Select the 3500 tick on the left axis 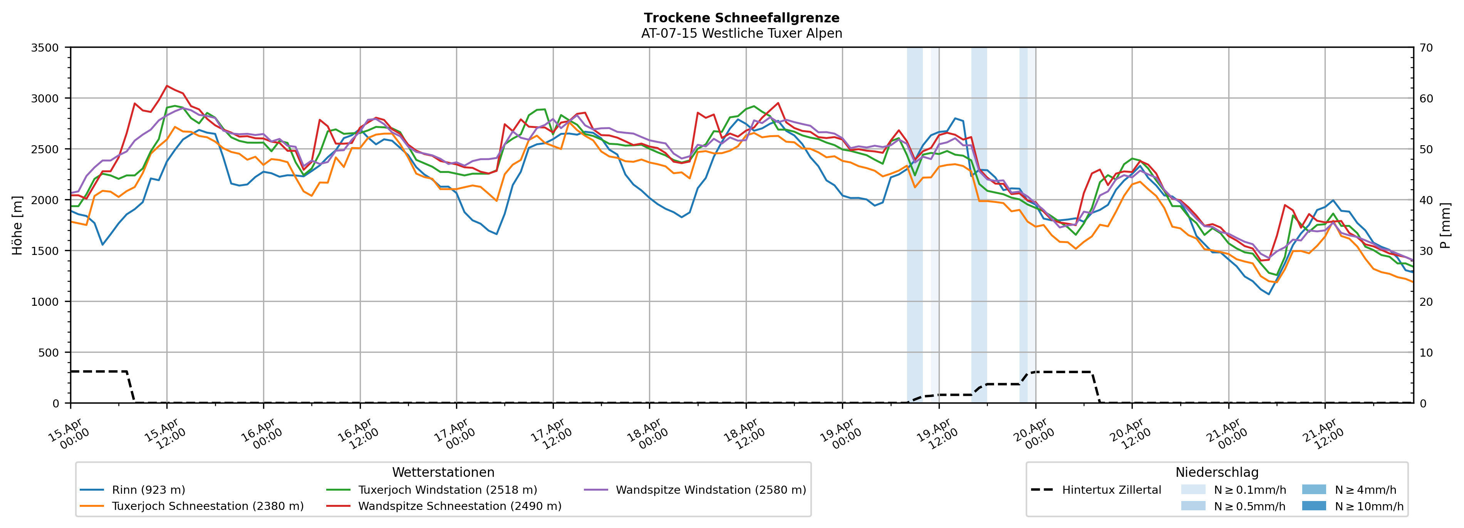(x=45, y=48)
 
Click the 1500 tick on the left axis (x=45, y=251)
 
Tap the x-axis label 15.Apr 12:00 (x=164, y=434)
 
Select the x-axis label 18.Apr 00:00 (x=647, y=434)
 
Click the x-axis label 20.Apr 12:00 (x=1129, y=434)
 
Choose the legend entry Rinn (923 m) (x=148, y=490)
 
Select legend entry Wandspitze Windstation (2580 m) (x=710, y=490)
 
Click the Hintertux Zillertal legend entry (x=1111, y=490)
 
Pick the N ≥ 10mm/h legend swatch (x=1313, y=506)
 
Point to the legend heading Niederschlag (x=1216, y=472)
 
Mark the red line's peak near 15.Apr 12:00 (x=166, y=86)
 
